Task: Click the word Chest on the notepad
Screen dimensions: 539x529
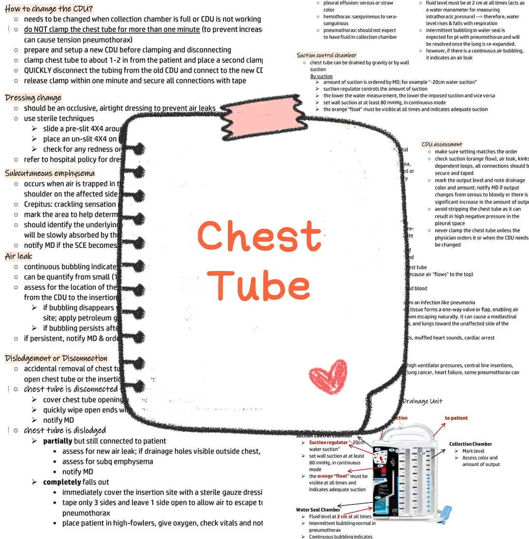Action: [x=259, y=237]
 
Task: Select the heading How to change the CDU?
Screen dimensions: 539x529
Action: [x=49, y=8]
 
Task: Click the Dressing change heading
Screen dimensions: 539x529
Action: [x=33, y=97]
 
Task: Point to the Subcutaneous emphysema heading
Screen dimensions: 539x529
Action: [x=50, y=173]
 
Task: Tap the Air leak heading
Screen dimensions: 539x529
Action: [x=19, y=256]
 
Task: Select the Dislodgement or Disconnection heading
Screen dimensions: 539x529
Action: [x=56, y=358]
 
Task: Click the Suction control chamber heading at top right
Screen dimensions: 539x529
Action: [x=327, y=55]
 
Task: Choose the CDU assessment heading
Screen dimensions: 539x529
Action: [x=442, y=144]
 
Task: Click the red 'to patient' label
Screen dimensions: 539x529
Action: [x=456, y=418]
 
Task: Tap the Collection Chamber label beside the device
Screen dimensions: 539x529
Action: [x=470, y=444]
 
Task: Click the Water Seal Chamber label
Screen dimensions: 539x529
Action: [x=318, y=510]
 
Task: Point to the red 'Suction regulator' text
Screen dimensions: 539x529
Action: [x=328, y=443]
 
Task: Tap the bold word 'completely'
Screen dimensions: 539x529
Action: [x=62, y=482]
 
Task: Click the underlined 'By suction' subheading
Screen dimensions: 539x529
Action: [x=321, y=76]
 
